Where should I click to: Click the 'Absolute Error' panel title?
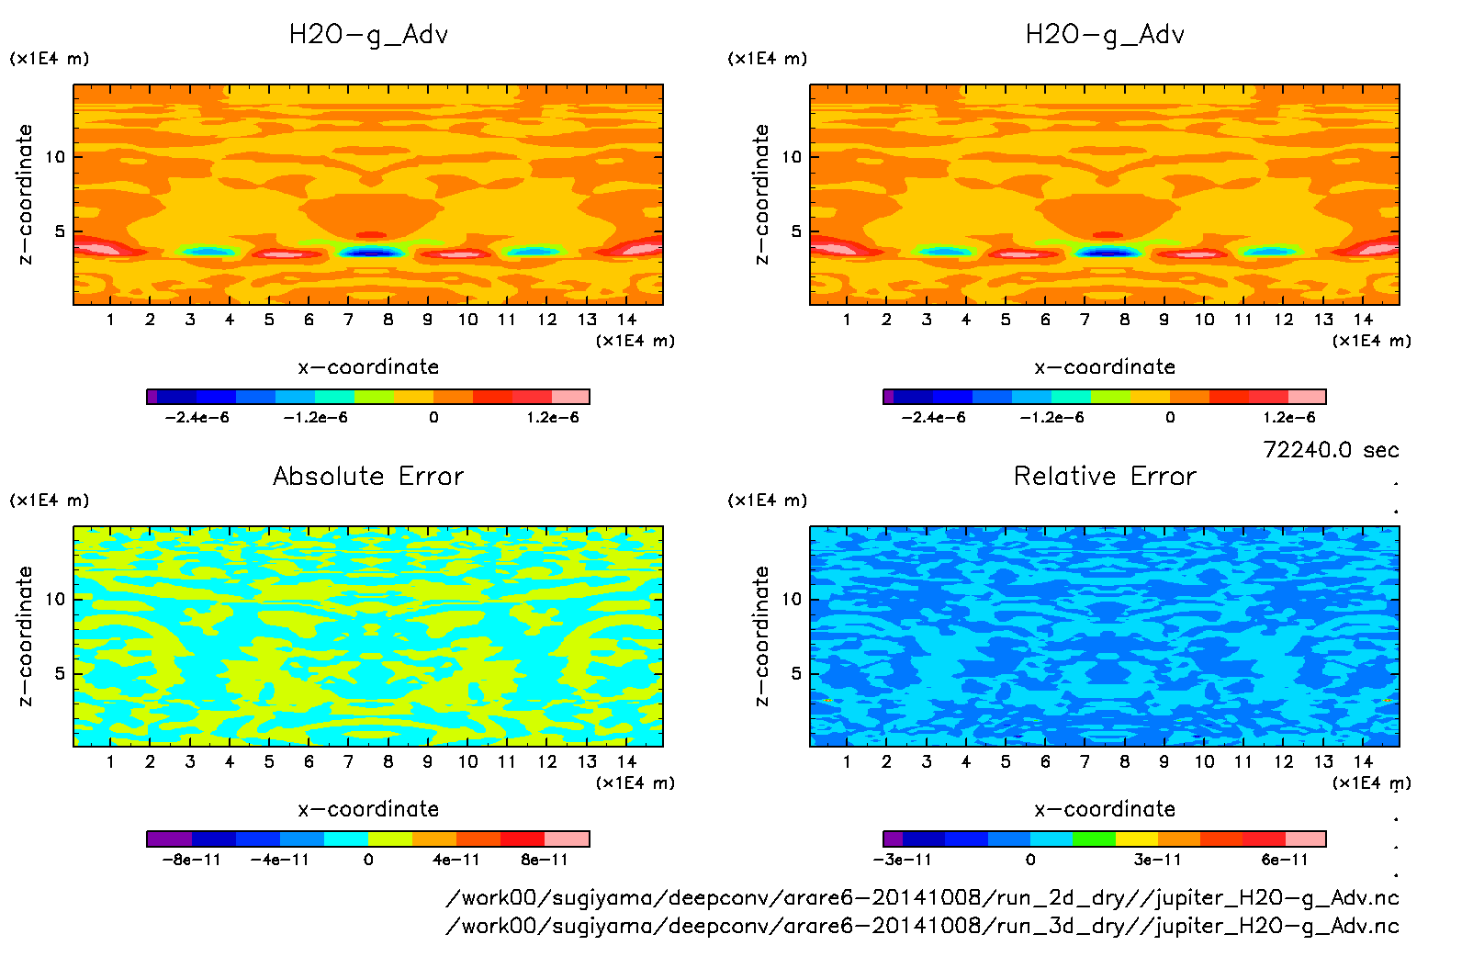[368, 476]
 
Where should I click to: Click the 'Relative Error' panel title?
[1105, 476]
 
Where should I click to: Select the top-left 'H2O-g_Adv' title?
[368, 35]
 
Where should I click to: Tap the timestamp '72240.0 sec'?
[1331, 450]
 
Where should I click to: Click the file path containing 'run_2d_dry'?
[922, 897]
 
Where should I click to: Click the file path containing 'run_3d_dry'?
[922, 926]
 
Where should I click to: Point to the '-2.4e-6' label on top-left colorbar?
[197, 418]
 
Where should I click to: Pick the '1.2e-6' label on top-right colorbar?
[1289, 418]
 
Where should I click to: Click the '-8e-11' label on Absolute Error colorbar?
[191, 860]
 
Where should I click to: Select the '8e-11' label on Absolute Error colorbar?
[545, 860]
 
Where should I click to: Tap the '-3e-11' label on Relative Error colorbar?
[902, 860]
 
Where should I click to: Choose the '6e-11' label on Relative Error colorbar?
[1285, 860]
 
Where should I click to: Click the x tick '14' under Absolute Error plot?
[626, 761]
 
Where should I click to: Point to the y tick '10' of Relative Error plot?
[792, 599]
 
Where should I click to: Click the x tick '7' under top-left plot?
[348, 320]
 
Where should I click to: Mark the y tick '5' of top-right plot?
[796, 231]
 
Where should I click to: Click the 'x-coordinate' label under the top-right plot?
[1105, 367]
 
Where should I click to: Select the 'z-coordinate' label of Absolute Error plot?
[25, 636]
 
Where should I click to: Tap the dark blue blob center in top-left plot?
[371, 253]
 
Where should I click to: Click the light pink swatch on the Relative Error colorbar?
[1305, 839]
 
